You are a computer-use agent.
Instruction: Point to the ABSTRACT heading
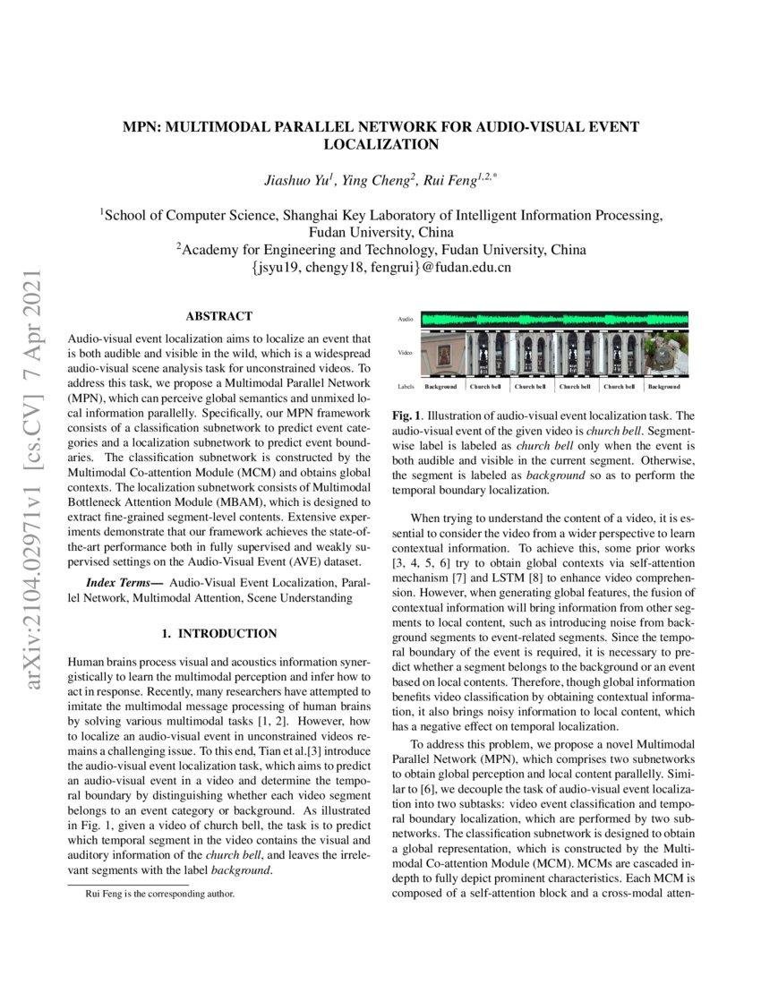click(x=218, y=316)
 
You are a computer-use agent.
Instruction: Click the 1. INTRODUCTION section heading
click(x=218, y=634)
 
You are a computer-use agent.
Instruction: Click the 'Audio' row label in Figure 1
click(x=405, y=320)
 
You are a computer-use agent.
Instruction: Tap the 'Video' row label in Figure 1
click(x=405, y=353)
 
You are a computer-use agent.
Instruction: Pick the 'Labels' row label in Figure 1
click(x=406, y=387)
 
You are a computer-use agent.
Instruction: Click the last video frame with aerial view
click(x=665, y=353)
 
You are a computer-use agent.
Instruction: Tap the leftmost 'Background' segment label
click(x=441, y=387)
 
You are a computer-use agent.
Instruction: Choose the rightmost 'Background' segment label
click(x=664, y=387)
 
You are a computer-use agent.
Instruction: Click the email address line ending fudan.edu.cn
click(x=380, y=267)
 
